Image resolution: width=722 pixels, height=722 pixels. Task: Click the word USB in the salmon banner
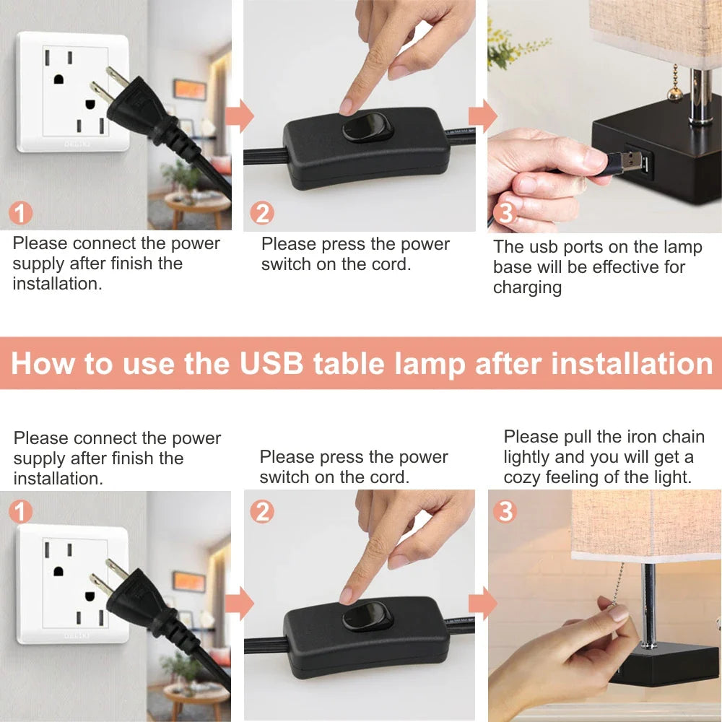point(271,363)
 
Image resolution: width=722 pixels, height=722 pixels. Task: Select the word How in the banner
point(43,363)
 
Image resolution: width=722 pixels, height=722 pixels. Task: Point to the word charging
point(527,287)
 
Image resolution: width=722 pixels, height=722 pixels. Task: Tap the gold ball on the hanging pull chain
point(675,95)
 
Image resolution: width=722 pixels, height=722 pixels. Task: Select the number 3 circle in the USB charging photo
point(505,212)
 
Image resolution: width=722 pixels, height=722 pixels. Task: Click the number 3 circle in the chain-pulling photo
point(505,511)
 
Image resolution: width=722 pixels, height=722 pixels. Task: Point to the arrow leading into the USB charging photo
point(482,115)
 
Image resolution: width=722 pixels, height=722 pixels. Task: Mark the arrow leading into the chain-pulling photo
point(482,603)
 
